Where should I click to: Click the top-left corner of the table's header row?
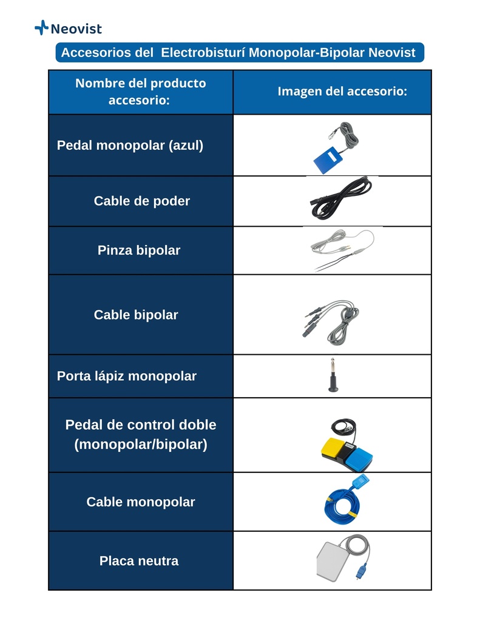coord(49,70)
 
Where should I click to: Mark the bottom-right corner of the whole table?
coord(431,590)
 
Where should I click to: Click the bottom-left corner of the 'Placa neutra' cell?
coord(49,590)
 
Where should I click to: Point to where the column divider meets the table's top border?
coord(233,70)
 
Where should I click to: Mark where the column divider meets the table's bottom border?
coord(233,590)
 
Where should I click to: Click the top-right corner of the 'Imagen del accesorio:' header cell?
coord(431,70)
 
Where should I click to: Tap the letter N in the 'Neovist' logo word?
coord(55,29)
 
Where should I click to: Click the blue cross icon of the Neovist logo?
coord(42,28)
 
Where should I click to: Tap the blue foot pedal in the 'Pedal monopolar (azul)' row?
coord(328,159)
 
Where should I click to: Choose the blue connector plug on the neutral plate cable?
coord(360,572)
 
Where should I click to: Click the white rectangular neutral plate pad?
coord(332,561)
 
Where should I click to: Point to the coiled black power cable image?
coord(341,198)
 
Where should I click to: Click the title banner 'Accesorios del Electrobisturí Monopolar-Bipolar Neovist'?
coord(240,53)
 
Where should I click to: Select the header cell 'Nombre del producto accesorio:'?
coord(141,92)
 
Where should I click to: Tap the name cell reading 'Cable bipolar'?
coord(141,315)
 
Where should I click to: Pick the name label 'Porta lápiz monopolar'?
coord(127,376)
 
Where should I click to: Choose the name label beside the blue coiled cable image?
coord(141,502)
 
